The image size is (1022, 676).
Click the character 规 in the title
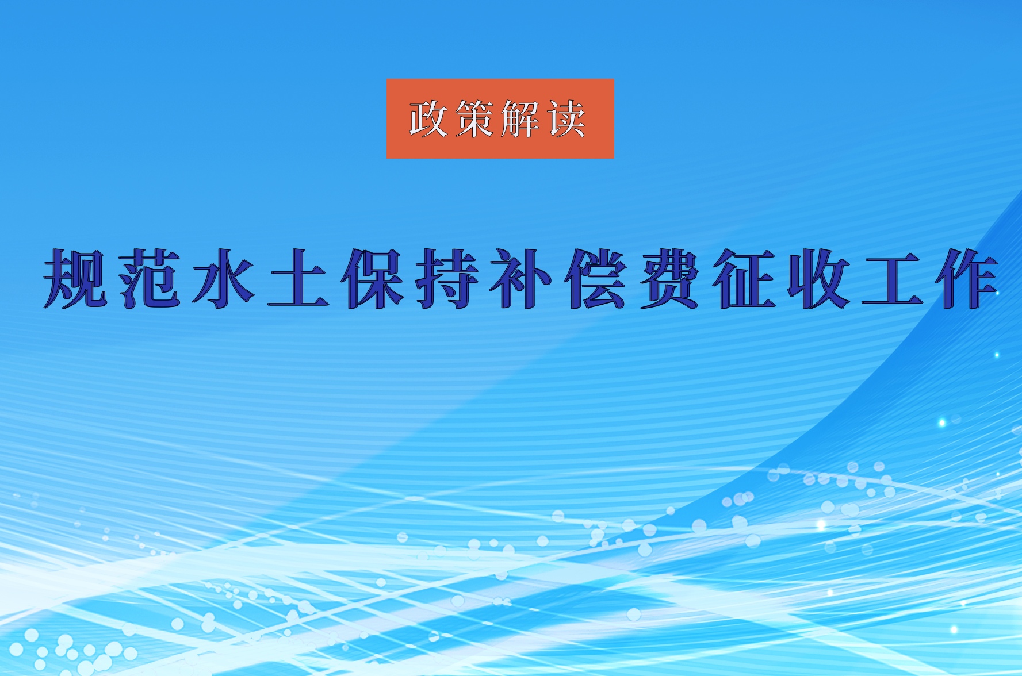pyautogui.click(x=75, y=279)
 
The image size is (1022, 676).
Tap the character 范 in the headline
pyautogui.click(x=151, y=279)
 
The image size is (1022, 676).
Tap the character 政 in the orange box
pyautogui.click(x=429, y=119)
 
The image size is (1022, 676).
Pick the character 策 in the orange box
pyautogui.click(x=475, y=119)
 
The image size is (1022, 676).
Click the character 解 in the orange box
pyautogui.click(x=520, y=119)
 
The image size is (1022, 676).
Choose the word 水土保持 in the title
pyautogui.click(x=336, y=279)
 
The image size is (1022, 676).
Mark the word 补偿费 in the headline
pyautogui.click(x=595, y=279)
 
